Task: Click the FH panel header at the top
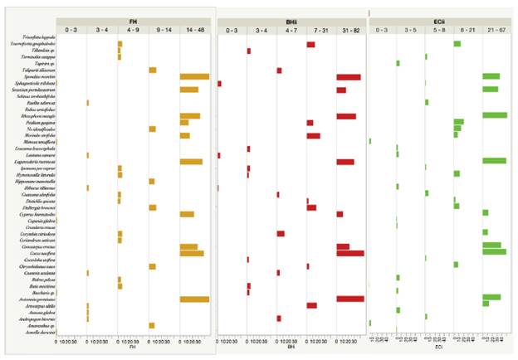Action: pyautogui.click(x=133, y=20)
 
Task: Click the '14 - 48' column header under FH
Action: pyautogui.click(x=195, y=29)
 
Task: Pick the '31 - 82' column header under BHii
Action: pyautogui.click(x=350, y=29)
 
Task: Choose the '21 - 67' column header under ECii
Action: pyautogui.click(x=496, y=29)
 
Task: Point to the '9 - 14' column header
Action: pyautogui.click(x=164, y=29)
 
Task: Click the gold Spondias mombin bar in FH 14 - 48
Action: pyautogui.click(x=194, y=76)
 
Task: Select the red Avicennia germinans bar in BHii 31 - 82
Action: pyautogui.click(x=349, y=298)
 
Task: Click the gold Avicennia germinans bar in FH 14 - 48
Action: pyautogui.click(x=194, y=298)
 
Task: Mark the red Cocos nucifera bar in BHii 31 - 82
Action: pyautogui.click(x=349, y=253)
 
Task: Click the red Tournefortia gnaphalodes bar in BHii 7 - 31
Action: pyautogui.click(x=310, y=44)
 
